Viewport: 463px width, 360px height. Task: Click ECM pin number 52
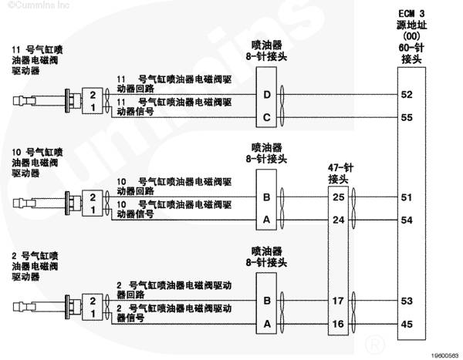click(407, 95)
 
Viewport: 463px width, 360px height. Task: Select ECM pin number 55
click(407, 117)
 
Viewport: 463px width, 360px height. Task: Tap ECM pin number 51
click(407, 197)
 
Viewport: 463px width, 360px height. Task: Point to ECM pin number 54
click(407, 220)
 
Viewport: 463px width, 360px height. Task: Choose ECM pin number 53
click(407, 301)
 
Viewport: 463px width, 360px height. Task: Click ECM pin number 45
click(407, 324)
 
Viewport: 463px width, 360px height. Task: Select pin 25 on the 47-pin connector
click(339, 197)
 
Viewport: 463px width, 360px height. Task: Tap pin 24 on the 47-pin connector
click(339, 220)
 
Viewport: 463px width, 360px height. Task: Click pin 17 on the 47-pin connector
click(338, 301)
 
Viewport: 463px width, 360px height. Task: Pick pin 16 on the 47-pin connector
click(338, 324)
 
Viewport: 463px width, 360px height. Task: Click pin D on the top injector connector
click(267, 95)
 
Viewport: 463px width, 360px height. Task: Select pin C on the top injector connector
click(267, 117)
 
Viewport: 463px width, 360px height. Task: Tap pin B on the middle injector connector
click(267, 197)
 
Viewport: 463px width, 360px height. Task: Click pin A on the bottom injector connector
click(267, 324)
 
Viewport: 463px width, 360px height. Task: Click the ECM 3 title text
click(411, 14)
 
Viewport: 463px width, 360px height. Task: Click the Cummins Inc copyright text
click(39, 5)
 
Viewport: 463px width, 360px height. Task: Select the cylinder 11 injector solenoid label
click(37, 60)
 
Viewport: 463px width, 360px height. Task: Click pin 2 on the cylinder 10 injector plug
click(93, 197)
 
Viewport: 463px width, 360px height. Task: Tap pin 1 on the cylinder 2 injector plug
click(93, 314)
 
